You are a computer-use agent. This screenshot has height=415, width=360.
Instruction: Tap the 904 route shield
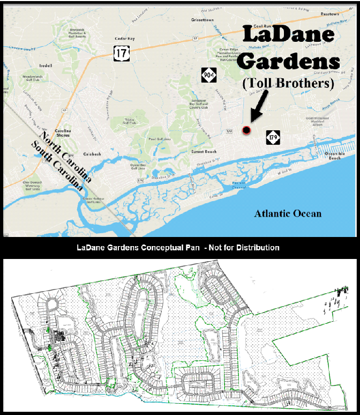(209, 75)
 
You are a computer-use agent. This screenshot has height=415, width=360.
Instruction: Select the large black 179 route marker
(273, 138)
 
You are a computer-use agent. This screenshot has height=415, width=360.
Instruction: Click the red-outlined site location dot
(246, 130)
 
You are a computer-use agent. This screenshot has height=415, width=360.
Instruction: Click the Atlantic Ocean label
(288, 213)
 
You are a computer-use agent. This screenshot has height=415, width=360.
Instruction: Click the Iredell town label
(45, 66)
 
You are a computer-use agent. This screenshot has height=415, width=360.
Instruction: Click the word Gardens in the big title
(288, 62)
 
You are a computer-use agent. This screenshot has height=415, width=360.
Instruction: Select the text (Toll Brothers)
(288, 84)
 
